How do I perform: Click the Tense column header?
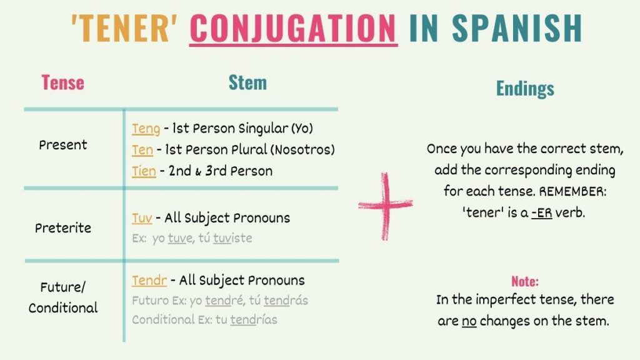pyautogui.click(x=62, y=82)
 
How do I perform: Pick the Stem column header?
pyautogui.click(x=247, y=82)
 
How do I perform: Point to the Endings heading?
pyautogui.click(x=525, y=89)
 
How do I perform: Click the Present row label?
pyautogui.click(x=63, y=145)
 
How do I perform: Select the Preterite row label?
pyautogui.click(x=63, y=228)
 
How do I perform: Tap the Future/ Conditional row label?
pyautogui.click(x=63, y=298)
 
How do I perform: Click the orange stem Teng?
pyautogui.click(x=146, y=129)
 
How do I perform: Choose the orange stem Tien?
pyautogui.click(x=144, y=171)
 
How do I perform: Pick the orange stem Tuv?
pyautogui.click(x=142, y=218)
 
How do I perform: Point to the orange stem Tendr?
pyautogui.click(x=149, y=280)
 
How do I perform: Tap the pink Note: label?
pyautogui.click(x=525, y=281)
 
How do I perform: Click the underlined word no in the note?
pyautogui.click(x=469, y=321)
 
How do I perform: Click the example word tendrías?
pyautogui.click(x=253, y=320)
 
